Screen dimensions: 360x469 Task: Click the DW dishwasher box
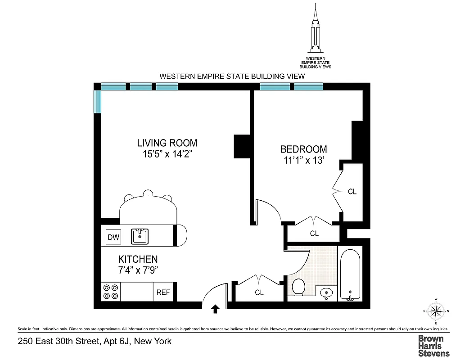[x=113, y=237]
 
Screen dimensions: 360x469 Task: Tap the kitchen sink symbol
[x=140, y=236]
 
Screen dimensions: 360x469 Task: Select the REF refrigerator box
[x=163, y=292]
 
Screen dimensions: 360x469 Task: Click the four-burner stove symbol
[x=111, y=292]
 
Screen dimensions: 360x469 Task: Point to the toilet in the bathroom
[x=298, y=287]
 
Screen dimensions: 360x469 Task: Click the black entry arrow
[x=215, y=309]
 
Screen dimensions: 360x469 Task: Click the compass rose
[x=435, y=311]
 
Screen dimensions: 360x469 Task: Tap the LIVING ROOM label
[x=167, y=143]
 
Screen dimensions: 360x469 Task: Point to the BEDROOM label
[x=303, y=149]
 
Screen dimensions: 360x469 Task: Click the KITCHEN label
[x=138, y=259]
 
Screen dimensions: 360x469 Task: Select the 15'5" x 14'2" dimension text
[x=167, y=154]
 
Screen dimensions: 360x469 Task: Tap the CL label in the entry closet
[x=259, y=292]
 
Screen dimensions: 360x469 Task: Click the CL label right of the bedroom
[x=352, y=192]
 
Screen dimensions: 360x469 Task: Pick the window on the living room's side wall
[x=97, y=101]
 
